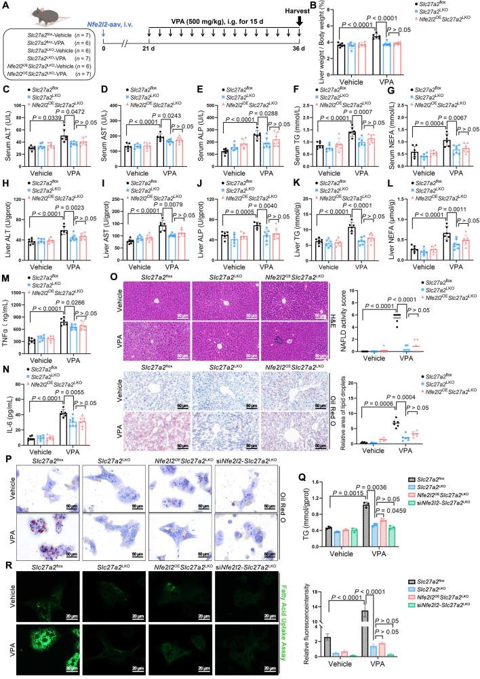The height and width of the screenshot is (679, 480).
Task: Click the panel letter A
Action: pos(5,6)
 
